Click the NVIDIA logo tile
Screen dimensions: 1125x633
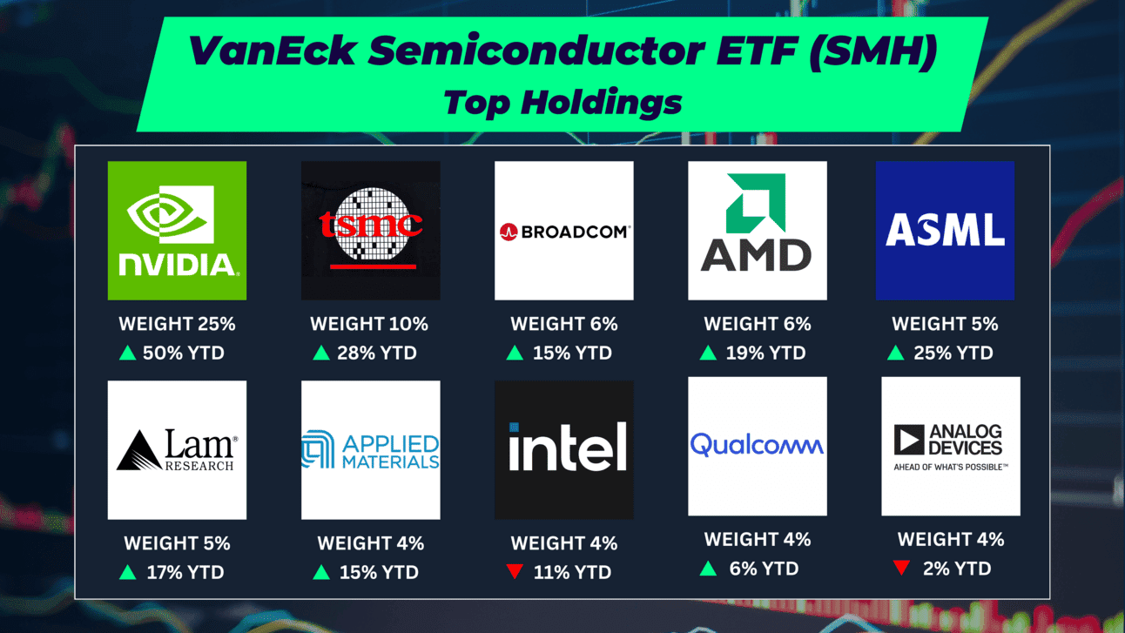(177, 231)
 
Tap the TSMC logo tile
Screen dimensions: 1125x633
(371, 231)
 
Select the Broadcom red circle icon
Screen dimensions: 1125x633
(509, 232)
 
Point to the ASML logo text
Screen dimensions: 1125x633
(945, 230)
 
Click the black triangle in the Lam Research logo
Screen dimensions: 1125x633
(139, 450)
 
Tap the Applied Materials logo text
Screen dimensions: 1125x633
(391, 452)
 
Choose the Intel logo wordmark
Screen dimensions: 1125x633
(568, 446)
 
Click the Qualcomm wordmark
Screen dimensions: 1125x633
(757, 445)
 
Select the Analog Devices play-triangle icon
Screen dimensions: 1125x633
(909, 440)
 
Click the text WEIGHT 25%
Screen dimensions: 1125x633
(177, 324)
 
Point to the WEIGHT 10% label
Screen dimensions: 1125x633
(369, 324)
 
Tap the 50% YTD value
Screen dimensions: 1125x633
(184, 354)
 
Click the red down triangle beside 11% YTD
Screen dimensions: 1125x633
(515, 571)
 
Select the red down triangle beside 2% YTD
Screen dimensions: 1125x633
(901, 568)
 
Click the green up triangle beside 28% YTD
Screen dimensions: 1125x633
(321, 353)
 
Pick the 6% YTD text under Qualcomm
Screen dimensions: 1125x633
(764, 569)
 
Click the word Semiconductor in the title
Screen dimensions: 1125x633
(536, 51)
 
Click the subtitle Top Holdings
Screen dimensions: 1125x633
(562, 103)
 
